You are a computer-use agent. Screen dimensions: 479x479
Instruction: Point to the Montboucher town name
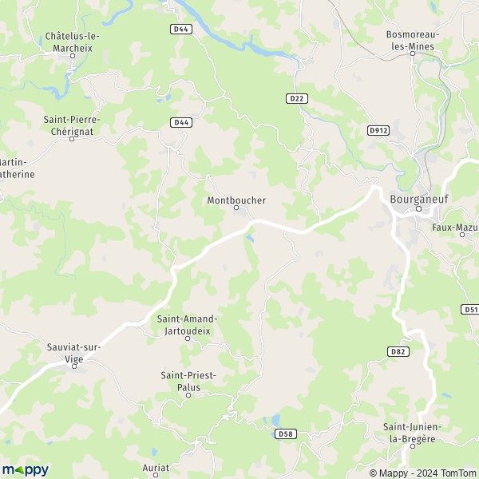tap(236, 200)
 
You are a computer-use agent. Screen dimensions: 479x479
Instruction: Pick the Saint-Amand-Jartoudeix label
tap(188, 323)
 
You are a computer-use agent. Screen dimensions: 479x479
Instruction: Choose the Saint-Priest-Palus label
tap(188, 380)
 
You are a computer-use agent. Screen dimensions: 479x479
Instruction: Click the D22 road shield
tap(295, 97)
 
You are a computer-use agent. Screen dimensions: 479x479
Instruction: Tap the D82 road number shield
tap(397, 351)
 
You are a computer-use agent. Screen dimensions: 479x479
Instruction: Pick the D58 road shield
tap(287, 433)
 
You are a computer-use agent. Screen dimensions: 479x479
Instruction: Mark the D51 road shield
tap(470, 309)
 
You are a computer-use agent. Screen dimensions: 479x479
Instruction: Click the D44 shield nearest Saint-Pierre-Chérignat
tap(181, 122)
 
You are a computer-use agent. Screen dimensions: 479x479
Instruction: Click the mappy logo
tap(25, 469)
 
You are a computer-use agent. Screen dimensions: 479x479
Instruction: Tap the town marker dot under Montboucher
tap(236, 208)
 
